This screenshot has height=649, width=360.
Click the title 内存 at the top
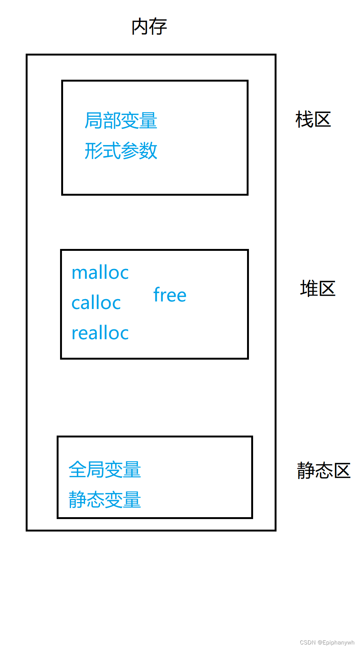click(x=149, y=27)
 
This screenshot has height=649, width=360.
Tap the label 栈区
click(x=313, y=120)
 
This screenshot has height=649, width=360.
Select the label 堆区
click(x=318, y=289)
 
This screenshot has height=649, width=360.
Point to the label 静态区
click(x=324, y=471)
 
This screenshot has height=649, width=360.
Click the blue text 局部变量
click(x=121, y=121)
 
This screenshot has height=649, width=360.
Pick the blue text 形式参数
click(x=121, y=151)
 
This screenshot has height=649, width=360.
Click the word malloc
click(x=100, y=272)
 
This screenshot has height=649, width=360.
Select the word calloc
click(x=96, y=303)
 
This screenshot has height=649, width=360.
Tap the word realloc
click(x=100, y=333)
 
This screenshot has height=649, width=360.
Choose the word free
click(x=170, y=295)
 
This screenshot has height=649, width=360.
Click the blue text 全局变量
click(x=105, y=470)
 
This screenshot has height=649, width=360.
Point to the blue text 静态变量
click(x=105, y=499)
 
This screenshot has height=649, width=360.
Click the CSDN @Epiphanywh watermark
click(x=327, y=642)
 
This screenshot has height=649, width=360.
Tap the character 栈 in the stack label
click(x=304, y=120)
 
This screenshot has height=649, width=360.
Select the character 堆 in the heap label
click(x=309, y=289)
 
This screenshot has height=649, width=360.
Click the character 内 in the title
click(x=140, y=27)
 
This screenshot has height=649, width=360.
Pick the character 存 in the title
click(x=158, y=27)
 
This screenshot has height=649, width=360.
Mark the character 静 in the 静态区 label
click(x=306, y=471)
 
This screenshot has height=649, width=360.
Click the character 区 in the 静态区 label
click(x=342, y=471)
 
